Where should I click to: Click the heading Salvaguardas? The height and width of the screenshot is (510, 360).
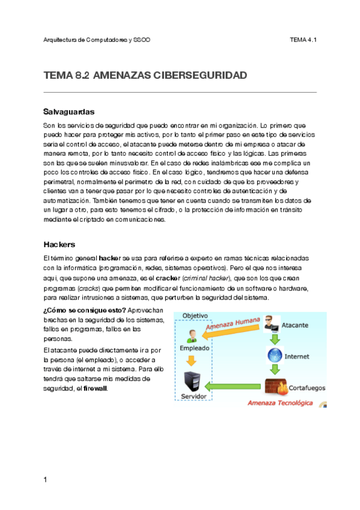click(x=69, y=112)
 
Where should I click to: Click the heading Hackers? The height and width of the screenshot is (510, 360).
click(x=59, y=245)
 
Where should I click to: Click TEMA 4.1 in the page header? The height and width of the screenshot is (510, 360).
click(x=303, y=40)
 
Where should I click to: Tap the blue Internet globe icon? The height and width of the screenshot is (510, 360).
click(x=274, y=355)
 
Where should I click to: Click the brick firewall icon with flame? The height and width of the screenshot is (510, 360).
click(x=275, y=387)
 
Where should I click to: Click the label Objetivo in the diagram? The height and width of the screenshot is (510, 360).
click(x=195, y=316)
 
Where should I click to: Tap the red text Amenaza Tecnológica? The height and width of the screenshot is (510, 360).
click(x=280, y=403)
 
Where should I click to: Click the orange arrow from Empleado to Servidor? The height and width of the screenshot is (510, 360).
click(x=192, y=360)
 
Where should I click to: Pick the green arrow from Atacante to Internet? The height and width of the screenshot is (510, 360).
click(x=274, y=339)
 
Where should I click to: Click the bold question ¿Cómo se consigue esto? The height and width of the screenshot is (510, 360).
click(x=84, y=310)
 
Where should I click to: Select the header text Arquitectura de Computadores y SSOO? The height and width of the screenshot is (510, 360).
click(x=97, y=40)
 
